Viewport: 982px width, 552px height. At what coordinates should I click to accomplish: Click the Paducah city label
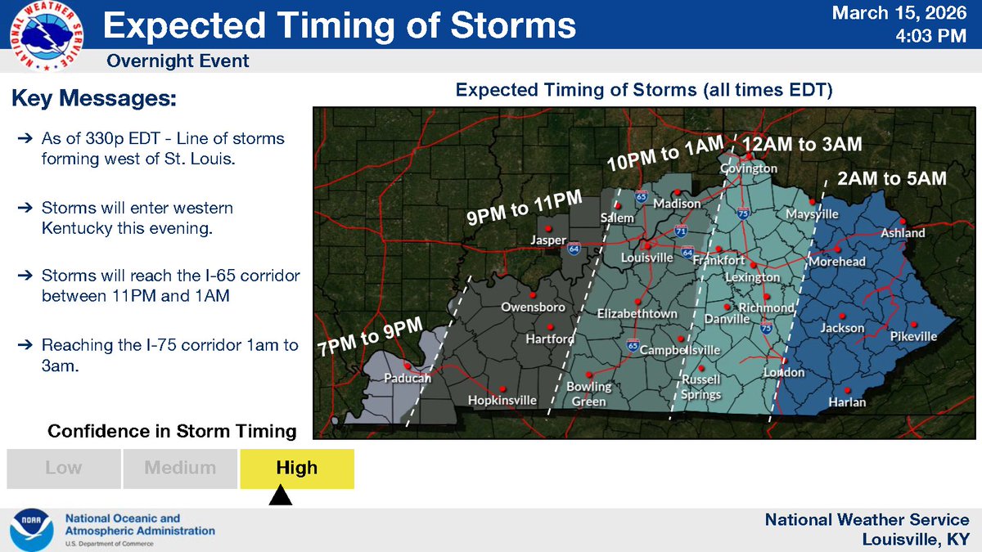(x=408, y=379)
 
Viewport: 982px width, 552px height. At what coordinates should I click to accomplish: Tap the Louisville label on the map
(x=646, y=258)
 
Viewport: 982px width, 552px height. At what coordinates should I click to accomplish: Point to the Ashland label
(x=903, y=233)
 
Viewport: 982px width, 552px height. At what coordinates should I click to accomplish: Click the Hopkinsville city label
(x=502, y=400)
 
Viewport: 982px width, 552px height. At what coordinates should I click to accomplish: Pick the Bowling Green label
(x=588, y=393)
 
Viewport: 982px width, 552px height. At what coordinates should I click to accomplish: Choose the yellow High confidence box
(x=296, y=469)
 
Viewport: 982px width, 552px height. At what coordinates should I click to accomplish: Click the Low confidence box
(x=64, y=469)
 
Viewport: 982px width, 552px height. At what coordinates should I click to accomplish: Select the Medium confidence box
(x=180, y=469)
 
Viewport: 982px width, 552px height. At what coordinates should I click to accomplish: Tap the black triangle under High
(x=280, y=496)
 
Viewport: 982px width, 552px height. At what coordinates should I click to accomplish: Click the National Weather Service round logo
(x=46, y=37)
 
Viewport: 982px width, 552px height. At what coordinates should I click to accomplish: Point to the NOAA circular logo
(x=33, y=530)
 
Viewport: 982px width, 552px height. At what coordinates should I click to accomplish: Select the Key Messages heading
(x=94, y=99)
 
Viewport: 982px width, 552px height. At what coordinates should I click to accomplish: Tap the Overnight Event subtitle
(x=178, y=61)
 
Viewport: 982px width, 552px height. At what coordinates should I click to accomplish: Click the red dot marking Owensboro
(x=533, y=294)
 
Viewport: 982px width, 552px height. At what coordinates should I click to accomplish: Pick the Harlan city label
(x=846, y=402)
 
